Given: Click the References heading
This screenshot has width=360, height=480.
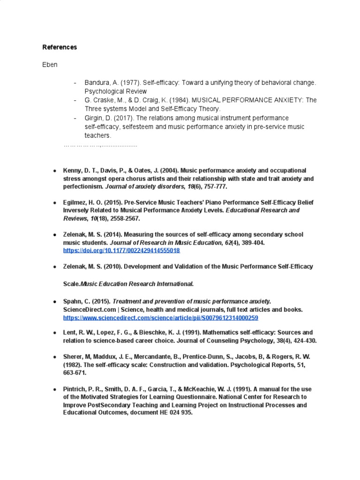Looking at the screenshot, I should pyautogui.click(x=60, y=47).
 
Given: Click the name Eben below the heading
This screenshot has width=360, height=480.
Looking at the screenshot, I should pyautogui.click(x=50, y=65).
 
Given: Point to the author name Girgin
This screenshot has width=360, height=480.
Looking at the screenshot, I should pyautogui.click(x=94, y=118).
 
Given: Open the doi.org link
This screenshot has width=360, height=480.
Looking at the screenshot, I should pyautogui.click(x=121, y=251).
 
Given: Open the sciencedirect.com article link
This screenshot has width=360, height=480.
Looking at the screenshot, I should pyautogui.click(x=160, y=318).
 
